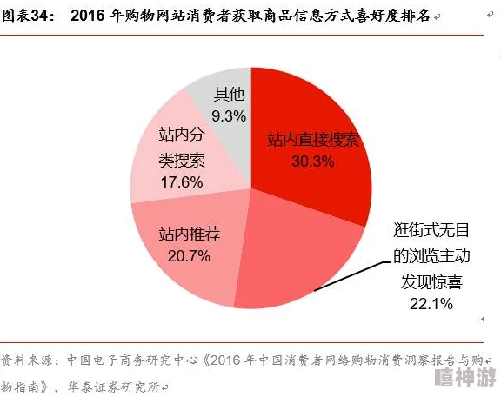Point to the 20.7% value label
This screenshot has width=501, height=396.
pos(189,255)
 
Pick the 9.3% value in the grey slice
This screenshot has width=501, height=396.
pos(228,115)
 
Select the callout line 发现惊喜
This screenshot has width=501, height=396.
pos(430,280)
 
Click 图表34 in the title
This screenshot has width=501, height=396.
pos(27,16)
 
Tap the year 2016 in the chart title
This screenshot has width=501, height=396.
pos(91,16)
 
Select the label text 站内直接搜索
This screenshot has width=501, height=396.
pos(312,139)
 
